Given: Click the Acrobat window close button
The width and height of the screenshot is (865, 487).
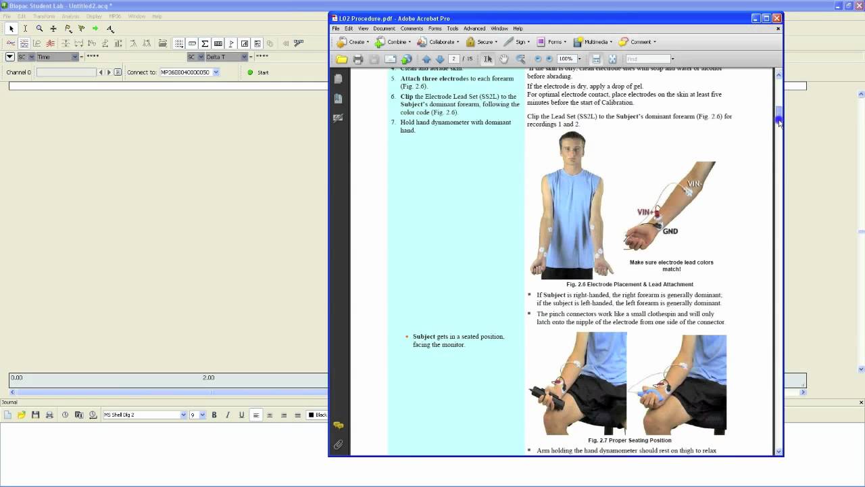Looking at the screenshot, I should pos(777,18).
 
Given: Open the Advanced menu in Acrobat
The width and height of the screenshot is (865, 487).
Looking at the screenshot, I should pos(474,28).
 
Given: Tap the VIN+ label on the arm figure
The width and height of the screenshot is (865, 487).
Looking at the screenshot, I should pos(647,212).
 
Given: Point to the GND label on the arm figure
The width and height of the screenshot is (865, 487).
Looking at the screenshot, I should pos(670,231).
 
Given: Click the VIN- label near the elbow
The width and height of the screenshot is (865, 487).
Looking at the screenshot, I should pos(695,184).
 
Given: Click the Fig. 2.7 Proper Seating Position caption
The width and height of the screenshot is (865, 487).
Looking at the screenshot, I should pos(629,440).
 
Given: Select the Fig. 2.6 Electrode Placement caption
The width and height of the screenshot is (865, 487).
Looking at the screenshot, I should pos(629,284).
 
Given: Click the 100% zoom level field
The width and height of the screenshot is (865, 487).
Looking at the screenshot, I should pos(566,59).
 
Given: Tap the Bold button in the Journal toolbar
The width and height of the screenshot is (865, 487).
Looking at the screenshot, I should pos(214,415).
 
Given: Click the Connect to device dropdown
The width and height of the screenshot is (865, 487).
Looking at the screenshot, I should pos(189,72).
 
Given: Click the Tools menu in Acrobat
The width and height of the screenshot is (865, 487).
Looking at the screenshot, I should pos(452,28).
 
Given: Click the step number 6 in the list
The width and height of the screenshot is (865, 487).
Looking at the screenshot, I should pos(393,97).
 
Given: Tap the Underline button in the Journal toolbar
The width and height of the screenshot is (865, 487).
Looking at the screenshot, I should pos(241,415).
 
